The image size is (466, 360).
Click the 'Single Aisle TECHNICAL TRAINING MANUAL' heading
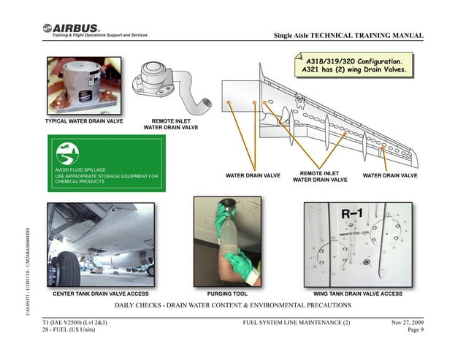point(348,37)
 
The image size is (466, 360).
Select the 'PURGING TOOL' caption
point(225,293)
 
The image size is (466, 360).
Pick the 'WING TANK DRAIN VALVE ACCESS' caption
point(358,293)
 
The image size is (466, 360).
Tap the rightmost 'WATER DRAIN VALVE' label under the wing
point(390,175)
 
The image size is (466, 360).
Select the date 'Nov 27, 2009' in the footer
point(407,322)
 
